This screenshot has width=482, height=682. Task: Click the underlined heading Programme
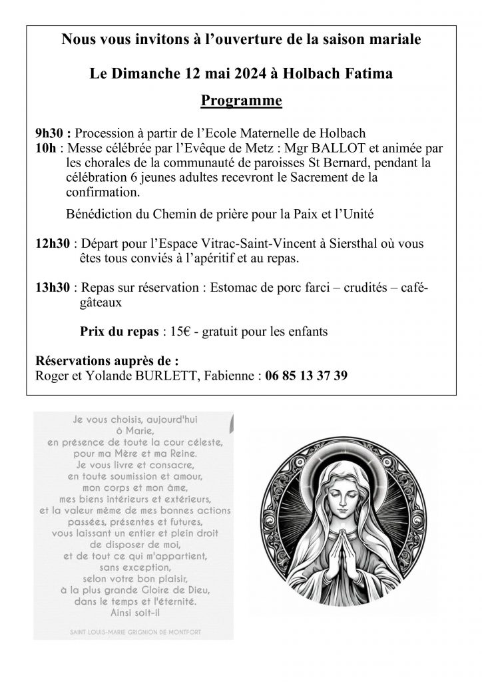click(x=241, y=101)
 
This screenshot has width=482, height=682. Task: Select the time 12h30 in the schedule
click(x=53, y=244)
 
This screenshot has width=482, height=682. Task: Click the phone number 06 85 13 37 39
click(x=306, y=376)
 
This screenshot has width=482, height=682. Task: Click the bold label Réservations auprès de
click(x=107, y=361)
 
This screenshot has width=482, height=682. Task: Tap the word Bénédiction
click(x=99, y=214)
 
